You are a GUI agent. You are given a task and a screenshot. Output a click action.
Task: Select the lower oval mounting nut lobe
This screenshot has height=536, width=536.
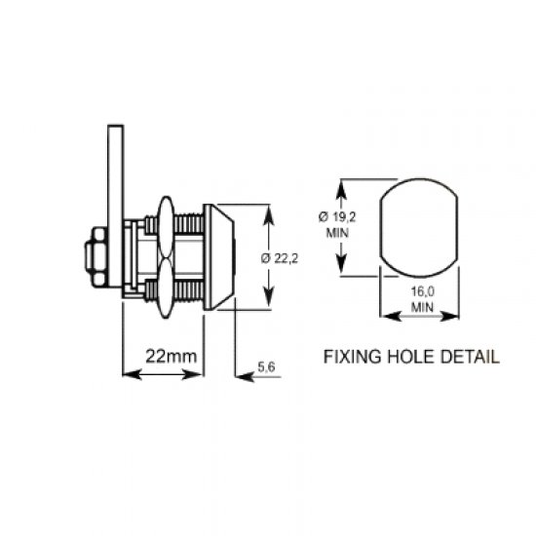click(162, 287)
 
